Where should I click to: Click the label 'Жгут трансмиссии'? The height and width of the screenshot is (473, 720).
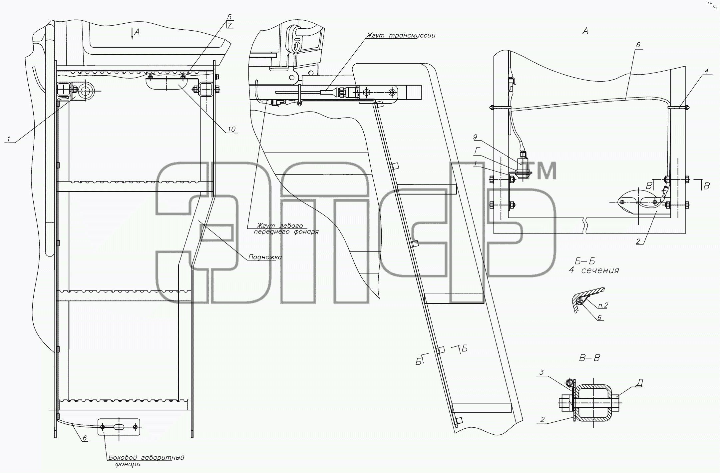coord(401,35)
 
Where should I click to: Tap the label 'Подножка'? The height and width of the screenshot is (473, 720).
coord(265,257)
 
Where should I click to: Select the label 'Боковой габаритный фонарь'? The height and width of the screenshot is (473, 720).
coord(146,461)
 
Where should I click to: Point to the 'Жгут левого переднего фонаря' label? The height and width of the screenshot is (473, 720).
coord(285,229)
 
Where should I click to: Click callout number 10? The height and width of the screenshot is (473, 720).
coord(232,129)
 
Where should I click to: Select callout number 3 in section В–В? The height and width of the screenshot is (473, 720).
coord(542,372)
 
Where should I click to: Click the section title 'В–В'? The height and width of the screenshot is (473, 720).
coord(589,358)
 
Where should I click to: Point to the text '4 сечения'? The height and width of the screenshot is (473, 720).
coord(594,270)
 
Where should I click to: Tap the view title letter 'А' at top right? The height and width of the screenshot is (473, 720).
coord(585,31)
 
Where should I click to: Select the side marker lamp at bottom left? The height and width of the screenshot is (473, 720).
coord(119,427)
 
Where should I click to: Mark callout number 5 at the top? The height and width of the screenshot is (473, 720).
coord(229,17)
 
